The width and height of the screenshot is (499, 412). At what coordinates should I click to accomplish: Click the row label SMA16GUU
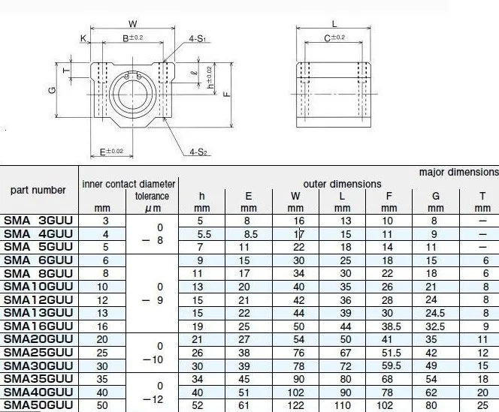(x=38, y=326)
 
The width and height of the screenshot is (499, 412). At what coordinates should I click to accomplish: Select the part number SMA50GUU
(x=38, y=405)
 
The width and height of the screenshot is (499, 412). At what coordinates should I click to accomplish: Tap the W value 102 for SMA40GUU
(x=295, y=392)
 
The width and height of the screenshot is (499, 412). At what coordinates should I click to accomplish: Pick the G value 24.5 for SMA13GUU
(x=435, y=313)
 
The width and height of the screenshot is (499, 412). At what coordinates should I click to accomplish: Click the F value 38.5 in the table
(x=391, y=326)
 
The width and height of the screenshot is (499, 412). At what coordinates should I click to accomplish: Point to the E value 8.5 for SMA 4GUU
(x=251, y=234)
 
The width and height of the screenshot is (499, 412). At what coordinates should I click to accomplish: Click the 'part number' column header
(x=38, y=190)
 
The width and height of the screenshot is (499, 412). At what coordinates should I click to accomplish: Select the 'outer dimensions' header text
(x=342, y=184)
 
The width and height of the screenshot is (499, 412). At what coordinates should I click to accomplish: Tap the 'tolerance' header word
(x=152, y=196)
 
